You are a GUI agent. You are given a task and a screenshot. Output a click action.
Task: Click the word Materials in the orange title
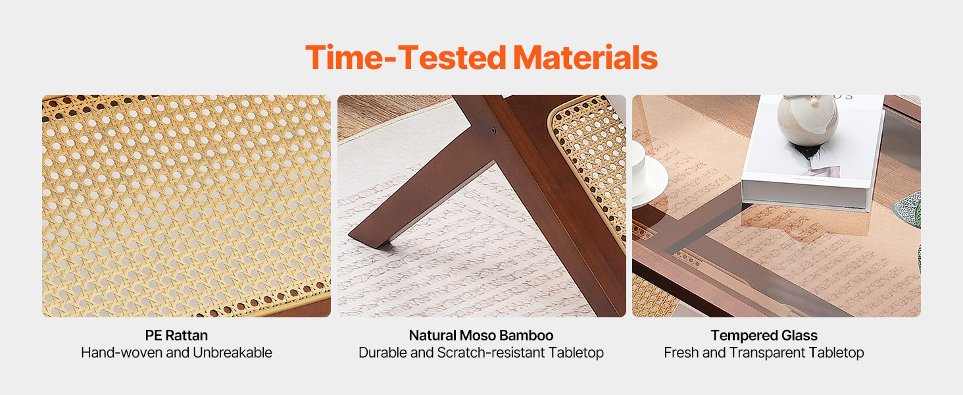coord(585,58)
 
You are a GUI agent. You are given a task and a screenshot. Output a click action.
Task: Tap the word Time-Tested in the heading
coord(406,58)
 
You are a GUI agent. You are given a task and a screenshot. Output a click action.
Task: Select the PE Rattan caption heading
coord(176,335)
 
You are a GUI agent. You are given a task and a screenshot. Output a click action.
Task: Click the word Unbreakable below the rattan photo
coord(232,353)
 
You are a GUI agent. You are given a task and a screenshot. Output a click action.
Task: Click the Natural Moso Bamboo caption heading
coord(481,335)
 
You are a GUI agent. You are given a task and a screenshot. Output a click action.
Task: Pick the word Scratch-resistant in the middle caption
coord(491,353)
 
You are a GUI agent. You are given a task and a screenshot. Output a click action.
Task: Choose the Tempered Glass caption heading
coord(764,335)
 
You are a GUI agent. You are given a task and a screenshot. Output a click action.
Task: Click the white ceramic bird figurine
coord(807,120)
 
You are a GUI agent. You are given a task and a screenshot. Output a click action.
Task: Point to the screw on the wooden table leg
coord(493,130)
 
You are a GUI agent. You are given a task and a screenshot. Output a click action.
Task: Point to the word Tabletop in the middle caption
coord(576,353)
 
